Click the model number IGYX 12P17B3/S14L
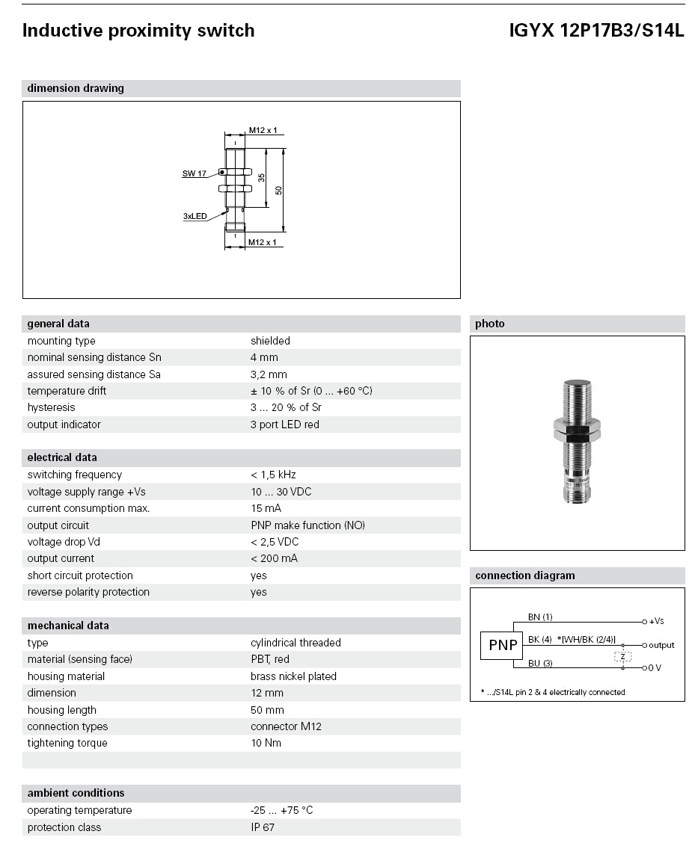tap(596, 31)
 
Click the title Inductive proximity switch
tap(138, 31)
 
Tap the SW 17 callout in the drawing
tap(194, 173)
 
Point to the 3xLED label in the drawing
tap(195, 216)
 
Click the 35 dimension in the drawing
tap(262, 177)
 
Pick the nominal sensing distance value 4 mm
tap(264, 357)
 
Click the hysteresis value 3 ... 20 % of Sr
tap(291, 407)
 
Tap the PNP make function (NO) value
tap(307, 525)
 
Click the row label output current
tap(61, 558)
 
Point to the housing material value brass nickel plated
tap(293, 676)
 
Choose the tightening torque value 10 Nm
tap(266, 743)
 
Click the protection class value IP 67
tap(263, 827)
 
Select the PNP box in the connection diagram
tap(503, 645)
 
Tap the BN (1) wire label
tap(540, 617)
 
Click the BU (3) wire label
tap(540, 663)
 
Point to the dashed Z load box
tap(622, 656)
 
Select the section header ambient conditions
tap(76, 793)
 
